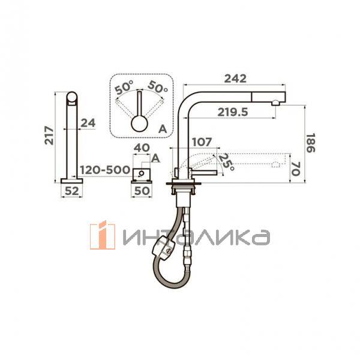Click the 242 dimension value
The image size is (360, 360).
[235, 79]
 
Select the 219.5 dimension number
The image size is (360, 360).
[233, 112]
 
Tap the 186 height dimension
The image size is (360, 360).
[311, 143]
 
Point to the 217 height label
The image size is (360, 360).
[49, 135]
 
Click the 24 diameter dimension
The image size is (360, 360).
[88, 123]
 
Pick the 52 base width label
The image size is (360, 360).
[71, 191]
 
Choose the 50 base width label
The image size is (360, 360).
[142, 191]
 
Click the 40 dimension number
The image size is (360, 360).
[142, 148]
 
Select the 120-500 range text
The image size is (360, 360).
[105, 170]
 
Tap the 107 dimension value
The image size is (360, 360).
[202, 142]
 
